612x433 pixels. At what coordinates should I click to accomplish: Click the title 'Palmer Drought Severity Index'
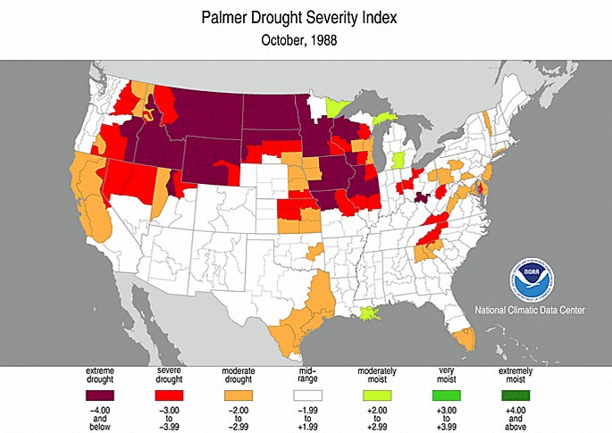tap(306, 18)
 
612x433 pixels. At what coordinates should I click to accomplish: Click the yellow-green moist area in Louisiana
tap(369, 313)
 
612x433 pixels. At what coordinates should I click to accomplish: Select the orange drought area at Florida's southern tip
tap(464, 338)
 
